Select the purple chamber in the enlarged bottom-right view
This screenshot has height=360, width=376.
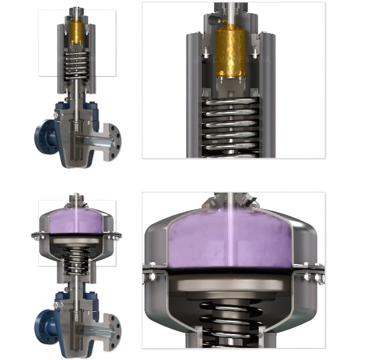click(x=233, y=239)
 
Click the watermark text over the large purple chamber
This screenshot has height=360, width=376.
click(x=233, y=256)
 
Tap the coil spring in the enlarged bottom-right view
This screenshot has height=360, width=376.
click(x=233, y=320)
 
